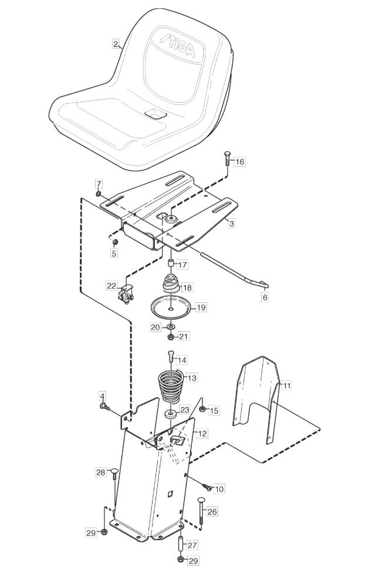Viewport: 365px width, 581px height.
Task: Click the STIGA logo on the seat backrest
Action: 177,46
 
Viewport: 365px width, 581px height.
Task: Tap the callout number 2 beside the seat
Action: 116,45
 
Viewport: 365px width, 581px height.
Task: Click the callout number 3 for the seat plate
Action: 231,224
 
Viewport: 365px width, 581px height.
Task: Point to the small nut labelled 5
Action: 115,242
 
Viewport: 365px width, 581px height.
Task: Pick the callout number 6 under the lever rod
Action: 265,297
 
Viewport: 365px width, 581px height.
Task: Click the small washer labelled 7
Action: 98,194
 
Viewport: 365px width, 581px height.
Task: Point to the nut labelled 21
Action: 171,337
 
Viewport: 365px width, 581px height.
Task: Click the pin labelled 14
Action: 171,356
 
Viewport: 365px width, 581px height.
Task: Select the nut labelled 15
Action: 202,409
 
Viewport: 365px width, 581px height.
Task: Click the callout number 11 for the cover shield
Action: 287,386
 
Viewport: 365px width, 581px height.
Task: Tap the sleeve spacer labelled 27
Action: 181,543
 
